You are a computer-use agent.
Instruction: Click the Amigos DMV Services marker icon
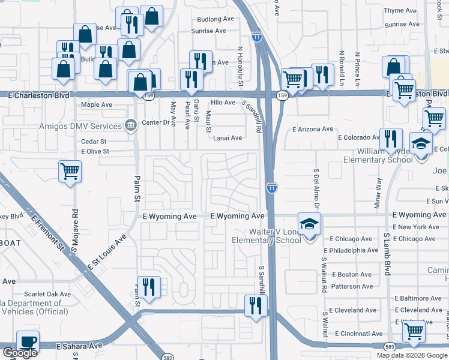pos(130,124)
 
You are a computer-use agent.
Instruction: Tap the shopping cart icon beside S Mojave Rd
pos(70,172)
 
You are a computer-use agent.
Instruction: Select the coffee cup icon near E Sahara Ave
pos(28,341)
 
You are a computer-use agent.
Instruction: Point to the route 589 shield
pos(389,346)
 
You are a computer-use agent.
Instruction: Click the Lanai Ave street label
pos(228,138)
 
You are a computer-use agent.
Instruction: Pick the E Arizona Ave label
pos(313,129)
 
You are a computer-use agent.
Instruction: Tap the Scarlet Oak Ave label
pos(47,294)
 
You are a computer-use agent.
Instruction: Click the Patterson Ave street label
pos(352,286)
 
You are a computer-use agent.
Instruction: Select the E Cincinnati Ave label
pos(358,333)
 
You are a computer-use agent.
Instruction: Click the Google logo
pos(20,353)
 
